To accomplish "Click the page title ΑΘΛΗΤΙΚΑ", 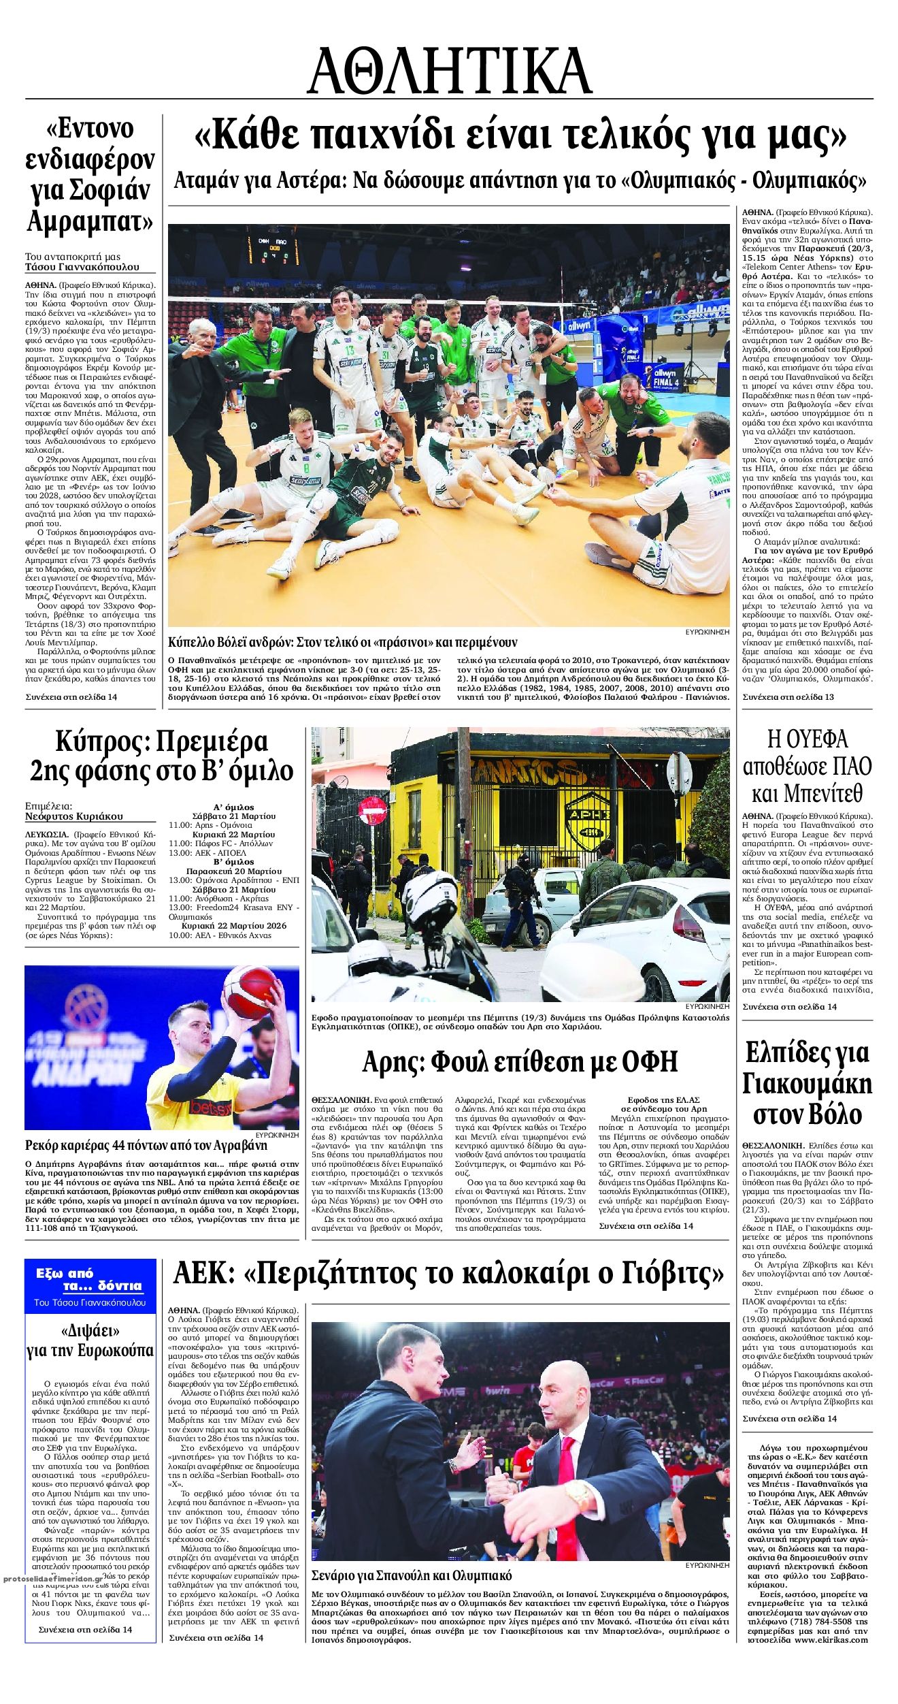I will click(449, 71).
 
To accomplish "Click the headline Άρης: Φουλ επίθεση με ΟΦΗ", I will click(520, 1061).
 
